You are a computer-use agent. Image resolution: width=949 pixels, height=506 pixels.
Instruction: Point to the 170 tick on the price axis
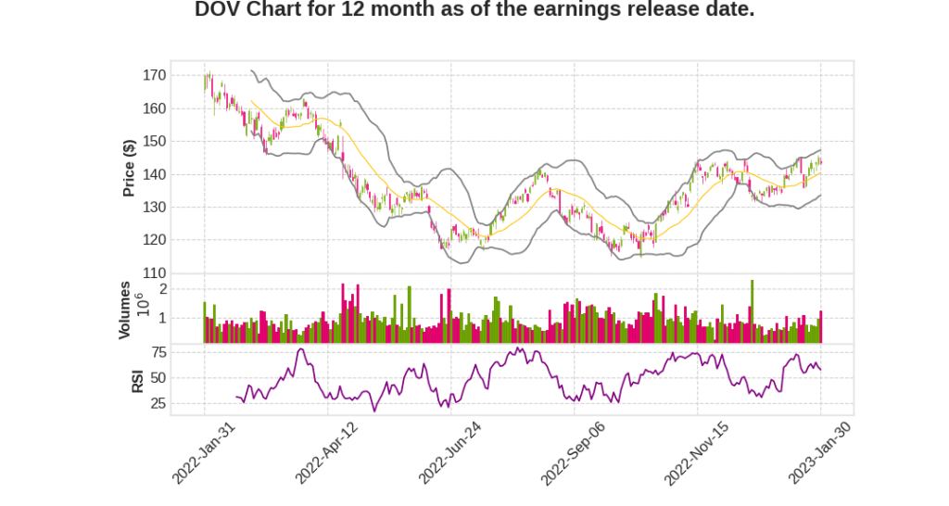pyautogui.click(x=155, y=76)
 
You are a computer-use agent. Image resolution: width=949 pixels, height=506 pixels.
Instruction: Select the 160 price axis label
pyautogui.click(x=155, y=108)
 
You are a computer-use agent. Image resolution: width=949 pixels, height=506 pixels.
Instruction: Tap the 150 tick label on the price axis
pyautogui.click(x=155, y=142)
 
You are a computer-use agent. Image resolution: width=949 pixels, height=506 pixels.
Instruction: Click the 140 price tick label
pyautogui.click(x=155, y=174)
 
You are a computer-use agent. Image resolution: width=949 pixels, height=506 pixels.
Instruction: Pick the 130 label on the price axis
pyautogui.click(x=155, y=208)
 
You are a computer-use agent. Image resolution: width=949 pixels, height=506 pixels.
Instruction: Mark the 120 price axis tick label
pyautogui.click(x=155, y=240)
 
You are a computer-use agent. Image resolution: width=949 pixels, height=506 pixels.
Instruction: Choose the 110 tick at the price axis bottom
pyautogui.click(x=155, y=273)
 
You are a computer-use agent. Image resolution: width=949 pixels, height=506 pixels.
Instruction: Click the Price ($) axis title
pyautogui.click(x=129, y=168)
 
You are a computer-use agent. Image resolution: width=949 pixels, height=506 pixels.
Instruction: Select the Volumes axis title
pyautogui.click(x=124, y=310)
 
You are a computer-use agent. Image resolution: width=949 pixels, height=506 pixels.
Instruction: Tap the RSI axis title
pyautogui.click(x=137, y=380)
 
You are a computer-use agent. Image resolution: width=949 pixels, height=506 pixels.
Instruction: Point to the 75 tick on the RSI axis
pyautogui.click(x=158, y=352)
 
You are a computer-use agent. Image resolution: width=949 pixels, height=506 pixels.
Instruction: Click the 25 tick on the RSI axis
pyautogui.click(x=158, y=404)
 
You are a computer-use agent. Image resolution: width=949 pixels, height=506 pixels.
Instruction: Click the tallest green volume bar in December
pyautogui.click(x=753, y=312)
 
